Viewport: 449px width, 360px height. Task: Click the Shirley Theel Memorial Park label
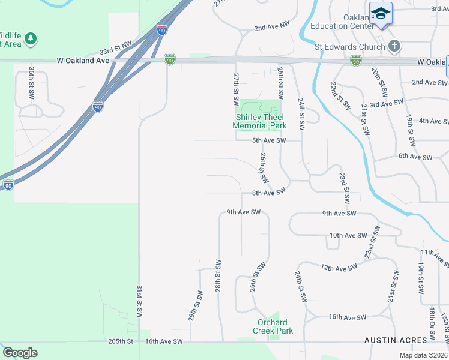259,122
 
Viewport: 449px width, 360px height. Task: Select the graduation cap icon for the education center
381,13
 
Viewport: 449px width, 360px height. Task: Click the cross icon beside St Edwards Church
394,46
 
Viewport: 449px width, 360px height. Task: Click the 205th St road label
120,341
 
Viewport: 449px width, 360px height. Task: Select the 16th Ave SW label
164,341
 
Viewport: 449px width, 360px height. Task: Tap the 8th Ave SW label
267,193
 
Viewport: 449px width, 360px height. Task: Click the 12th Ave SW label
343,268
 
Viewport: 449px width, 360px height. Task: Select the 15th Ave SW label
348,317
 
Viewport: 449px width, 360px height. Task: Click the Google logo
20,353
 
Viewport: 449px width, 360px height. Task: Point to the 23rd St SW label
344,188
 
